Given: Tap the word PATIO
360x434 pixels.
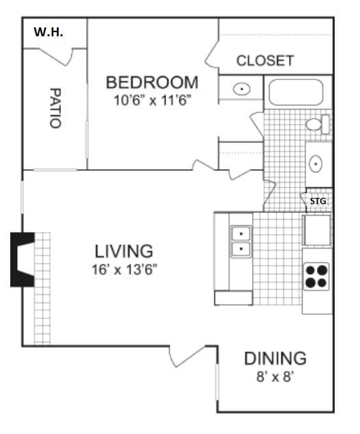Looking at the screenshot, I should (55, 107).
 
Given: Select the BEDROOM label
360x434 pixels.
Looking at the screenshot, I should (152, 83).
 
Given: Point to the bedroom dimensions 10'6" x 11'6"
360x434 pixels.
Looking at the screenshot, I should (152, 100).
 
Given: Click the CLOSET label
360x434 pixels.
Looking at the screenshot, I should (265, 60).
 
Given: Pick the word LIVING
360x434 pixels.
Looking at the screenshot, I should (124, 251).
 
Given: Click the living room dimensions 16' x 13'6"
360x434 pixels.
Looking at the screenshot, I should (124, 269).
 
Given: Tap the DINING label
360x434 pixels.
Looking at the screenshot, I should (275, 358).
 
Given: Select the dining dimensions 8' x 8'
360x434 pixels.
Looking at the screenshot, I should (275, 376).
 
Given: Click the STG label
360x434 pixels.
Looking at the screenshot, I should (318, 201).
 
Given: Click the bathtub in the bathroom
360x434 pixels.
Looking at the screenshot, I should (298, 92).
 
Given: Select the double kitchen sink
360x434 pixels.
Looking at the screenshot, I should (241, 241).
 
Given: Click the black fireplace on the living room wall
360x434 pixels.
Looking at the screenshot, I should (21, 259).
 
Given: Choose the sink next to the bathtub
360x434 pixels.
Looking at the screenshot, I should (242, 88).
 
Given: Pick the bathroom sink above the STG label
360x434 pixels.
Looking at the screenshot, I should (316, 164).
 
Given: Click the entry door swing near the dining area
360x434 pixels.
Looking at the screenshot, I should (187, 355).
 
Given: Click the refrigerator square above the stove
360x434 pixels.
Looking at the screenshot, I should (317, 229).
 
